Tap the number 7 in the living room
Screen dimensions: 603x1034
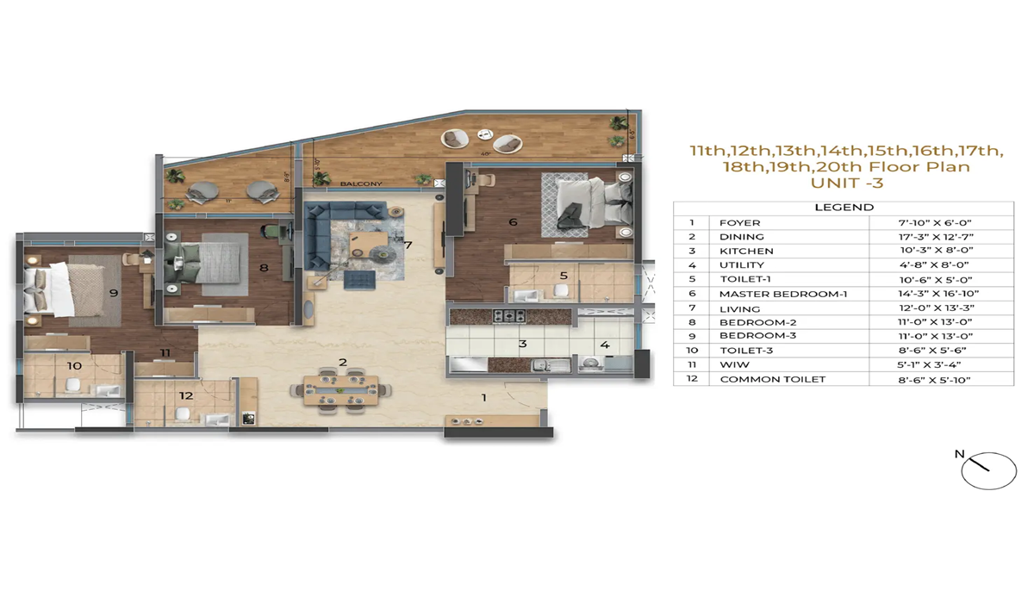pos(408,245)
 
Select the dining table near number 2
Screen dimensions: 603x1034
pos(340,390)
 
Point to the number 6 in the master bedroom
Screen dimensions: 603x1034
pos(513,221)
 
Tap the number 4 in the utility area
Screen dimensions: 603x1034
pos(605,345)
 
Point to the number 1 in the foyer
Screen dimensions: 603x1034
pos(484,397)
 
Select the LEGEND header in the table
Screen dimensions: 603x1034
pos(844,208)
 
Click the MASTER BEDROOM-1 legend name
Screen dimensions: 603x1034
pos(783,294)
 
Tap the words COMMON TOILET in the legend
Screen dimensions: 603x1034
pos(772,379)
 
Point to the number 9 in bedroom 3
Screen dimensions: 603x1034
pos(113,293)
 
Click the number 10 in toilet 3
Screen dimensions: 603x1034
pos(75,366)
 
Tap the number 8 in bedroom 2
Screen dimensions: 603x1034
pos(264,268)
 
